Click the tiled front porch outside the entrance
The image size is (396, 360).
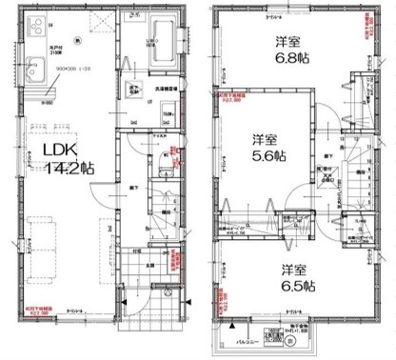click(144, 286)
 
